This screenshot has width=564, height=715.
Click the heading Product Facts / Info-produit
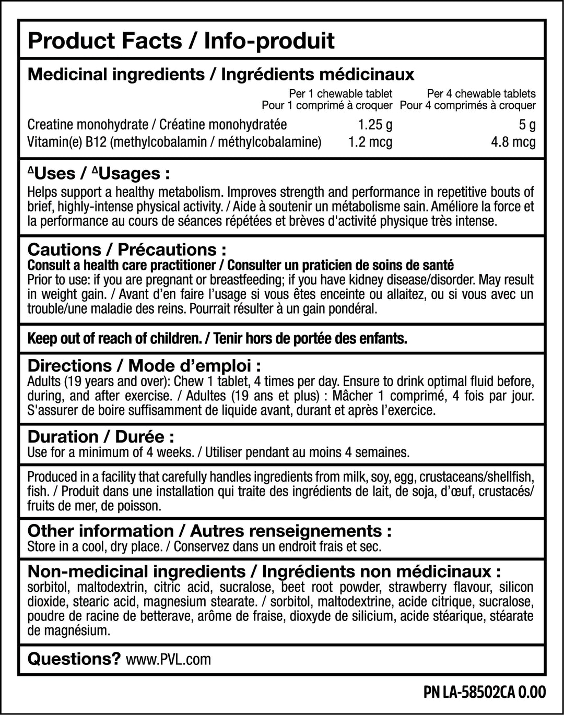[181, 41]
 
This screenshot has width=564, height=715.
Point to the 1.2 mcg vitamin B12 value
[370, 142]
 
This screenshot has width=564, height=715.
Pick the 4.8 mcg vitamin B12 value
[513, 142]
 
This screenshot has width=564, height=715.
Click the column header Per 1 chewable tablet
[340, 94]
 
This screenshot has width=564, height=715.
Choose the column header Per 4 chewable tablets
[481, 94]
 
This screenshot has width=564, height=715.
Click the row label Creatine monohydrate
[88, 125]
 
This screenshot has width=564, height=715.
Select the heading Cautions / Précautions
[127, 249]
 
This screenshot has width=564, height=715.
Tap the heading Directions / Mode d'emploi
[144, 365]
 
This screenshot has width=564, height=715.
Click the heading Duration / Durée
[101, 436]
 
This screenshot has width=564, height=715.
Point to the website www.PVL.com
[169, 660]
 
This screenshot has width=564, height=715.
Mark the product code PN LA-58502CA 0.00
[485, 693]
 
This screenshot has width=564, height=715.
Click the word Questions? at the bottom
[74, 659]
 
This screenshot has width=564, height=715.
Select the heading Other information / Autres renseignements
[209, 531]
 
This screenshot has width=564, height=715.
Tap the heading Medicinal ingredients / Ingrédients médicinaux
[220, 74]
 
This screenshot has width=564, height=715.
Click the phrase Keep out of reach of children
[114, 339]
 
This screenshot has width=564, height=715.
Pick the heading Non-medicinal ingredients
[137, 571]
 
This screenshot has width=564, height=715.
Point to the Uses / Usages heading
[99, 173]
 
